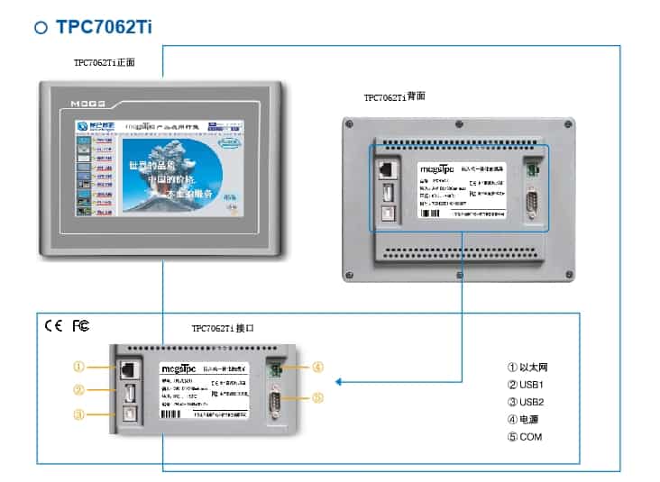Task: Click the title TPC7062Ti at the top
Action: tap(104, 26)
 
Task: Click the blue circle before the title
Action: tap(41, 27)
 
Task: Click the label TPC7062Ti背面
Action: tap(394, 96)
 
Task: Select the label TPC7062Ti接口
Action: tap(223, 329)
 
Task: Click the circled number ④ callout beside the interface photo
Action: tap(316, 367)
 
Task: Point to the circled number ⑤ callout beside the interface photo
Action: tap(316, 397)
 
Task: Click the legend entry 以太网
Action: tap(533, 368)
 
